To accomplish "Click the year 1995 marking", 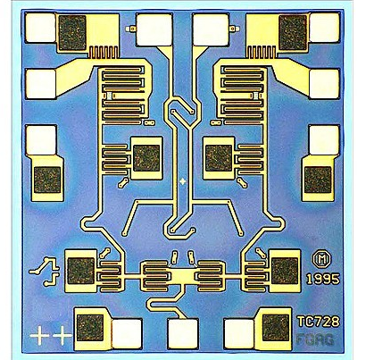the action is tap(323, 279).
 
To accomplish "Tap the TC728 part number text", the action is tap(318, 322).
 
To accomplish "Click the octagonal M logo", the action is tap(321, 260).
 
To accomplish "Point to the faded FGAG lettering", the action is tap(315, 339).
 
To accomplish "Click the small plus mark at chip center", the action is tap(183, 180).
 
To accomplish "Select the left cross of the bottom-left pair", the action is tap(39, 335).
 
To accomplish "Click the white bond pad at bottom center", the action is tap(183, 334).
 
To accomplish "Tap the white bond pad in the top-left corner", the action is tap(40, 28).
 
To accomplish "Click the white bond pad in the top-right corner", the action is tap(324, 28).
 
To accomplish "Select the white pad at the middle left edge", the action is tap(41, 140).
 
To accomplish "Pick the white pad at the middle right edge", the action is tap(324, 140).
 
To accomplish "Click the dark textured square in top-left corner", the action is tap(72, 33).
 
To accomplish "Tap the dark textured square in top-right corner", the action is tap(293, 33).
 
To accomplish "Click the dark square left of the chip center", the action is tap(146, 158).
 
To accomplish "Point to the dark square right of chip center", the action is tap(219, 158).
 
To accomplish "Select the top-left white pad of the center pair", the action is tap(154, 29).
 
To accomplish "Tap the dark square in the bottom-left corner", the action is tap(90, 328).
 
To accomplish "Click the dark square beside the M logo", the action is tap(285, 271).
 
